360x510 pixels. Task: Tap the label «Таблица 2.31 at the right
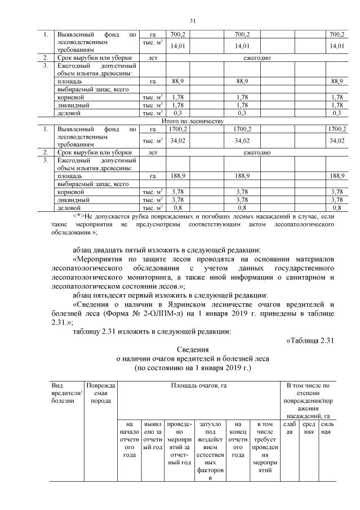(x=310, y=339)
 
